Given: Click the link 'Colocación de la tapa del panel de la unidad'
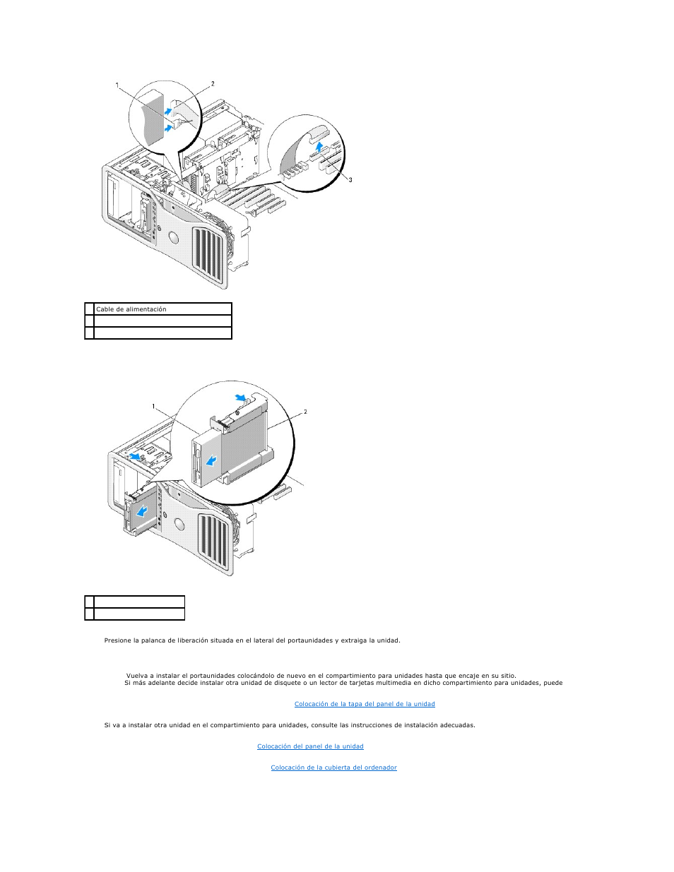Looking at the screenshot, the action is click(365, 704).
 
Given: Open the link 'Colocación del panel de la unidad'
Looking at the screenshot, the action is click(310, 746).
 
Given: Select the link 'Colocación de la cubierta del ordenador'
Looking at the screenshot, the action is click(333, 768).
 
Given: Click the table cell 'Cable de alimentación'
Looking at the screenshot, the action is click(162, 309).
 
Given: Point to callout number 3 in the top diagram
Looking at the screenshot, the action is click(350, 180).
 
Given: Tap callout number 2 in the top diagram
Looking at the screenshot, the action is click(213, 83).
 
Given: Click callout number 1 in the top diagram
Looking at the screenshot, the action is click(117, 85).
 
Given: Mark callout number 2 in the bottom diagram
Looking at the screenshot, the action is click(305, 412).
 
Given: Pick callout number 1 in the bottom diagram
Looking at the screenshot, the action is click(153, 407).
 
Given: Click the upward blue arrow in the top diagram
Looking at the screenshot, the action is click(319, 148).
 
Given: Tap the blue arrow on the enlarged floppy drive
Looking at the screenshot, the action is click(211, 462).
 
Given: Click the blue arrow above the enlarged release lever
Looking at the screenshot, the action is click(240, 398).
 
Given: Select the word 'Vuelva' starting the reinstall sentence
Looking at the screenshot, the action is click(137, 676).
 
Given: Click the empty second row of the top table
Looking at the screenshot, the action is click(162, 321).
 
